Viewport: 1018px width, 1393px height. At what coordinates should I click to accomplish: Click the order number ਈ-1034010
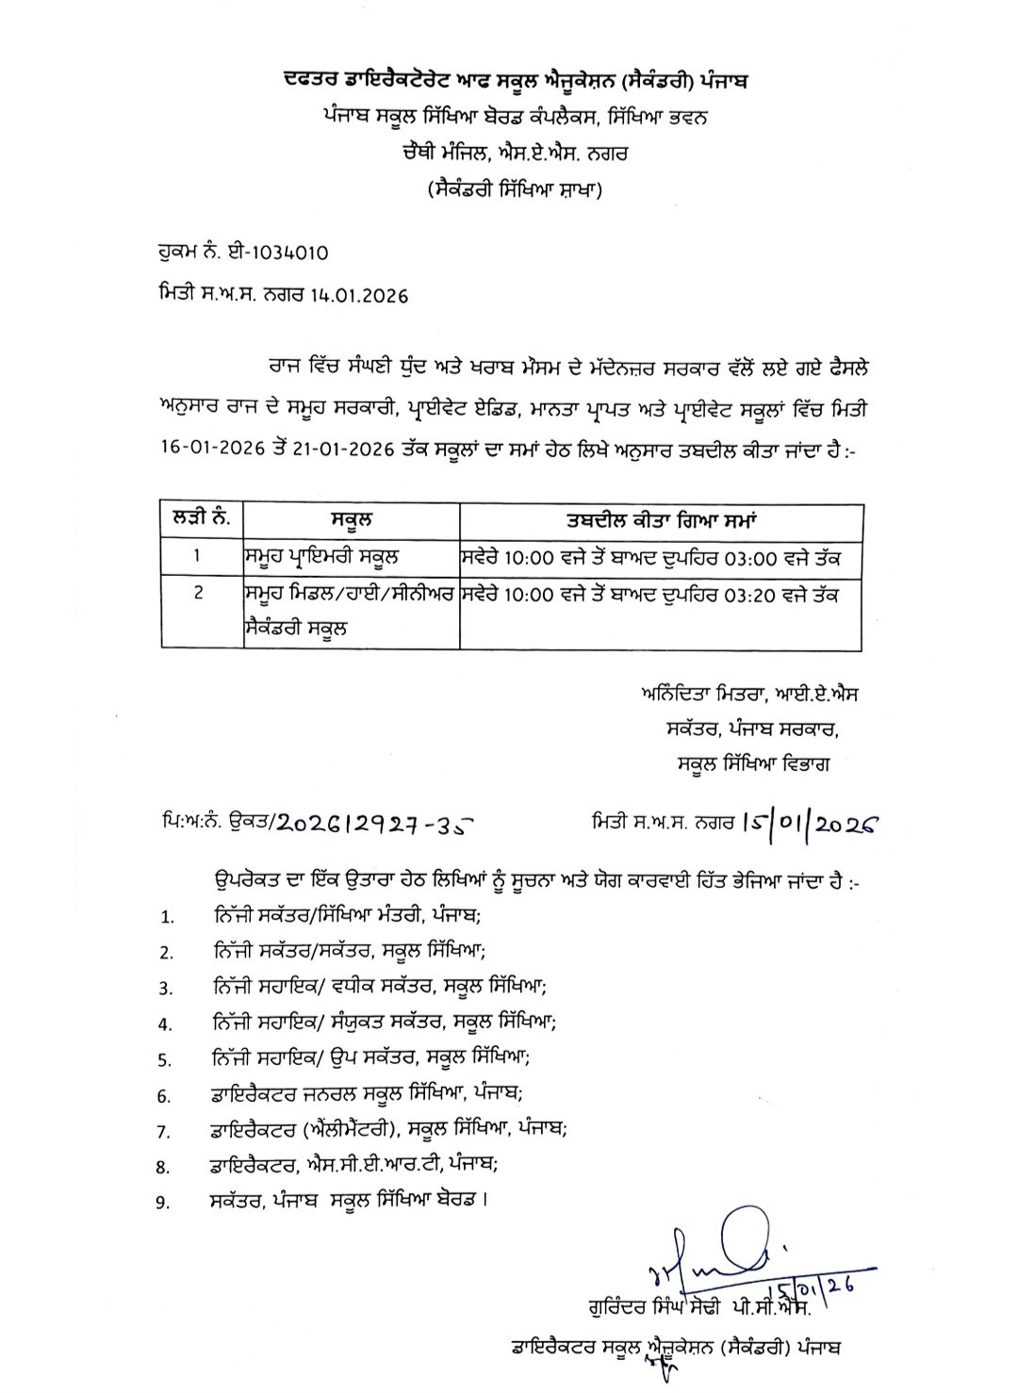click(x=282, y=254)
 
